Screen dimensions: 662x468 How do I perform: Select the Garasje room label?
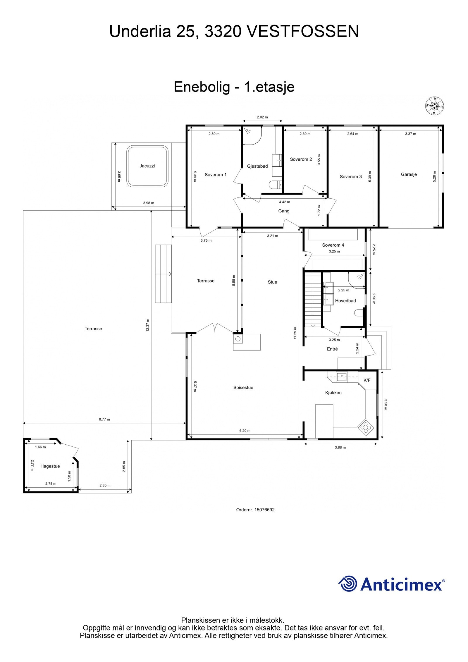(x=409, y=174)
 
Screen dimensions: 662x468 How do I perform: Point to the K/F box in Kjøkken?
(x=367, y=380)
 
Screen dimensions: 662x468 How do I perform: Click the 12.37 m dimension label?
(x=148, y=325)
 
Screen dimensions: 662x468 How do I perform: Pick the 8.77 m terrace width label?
(x=104, y=419)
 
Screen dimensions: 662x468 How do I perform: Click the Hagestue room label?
(x=50, y=466)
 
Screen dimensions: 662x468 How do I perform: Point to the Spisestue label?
(x=243, y=388)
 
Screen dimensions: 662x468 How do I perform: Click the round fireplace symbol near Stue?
(x=238, y=339)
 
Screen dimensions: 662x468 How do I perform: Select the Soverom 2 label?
(x=301, y=159)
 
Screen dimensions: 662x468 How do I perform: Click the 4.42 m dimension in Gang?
(x=284, y=202)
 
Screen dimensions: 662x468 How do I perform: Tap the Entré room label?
(x=332, y=349)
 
